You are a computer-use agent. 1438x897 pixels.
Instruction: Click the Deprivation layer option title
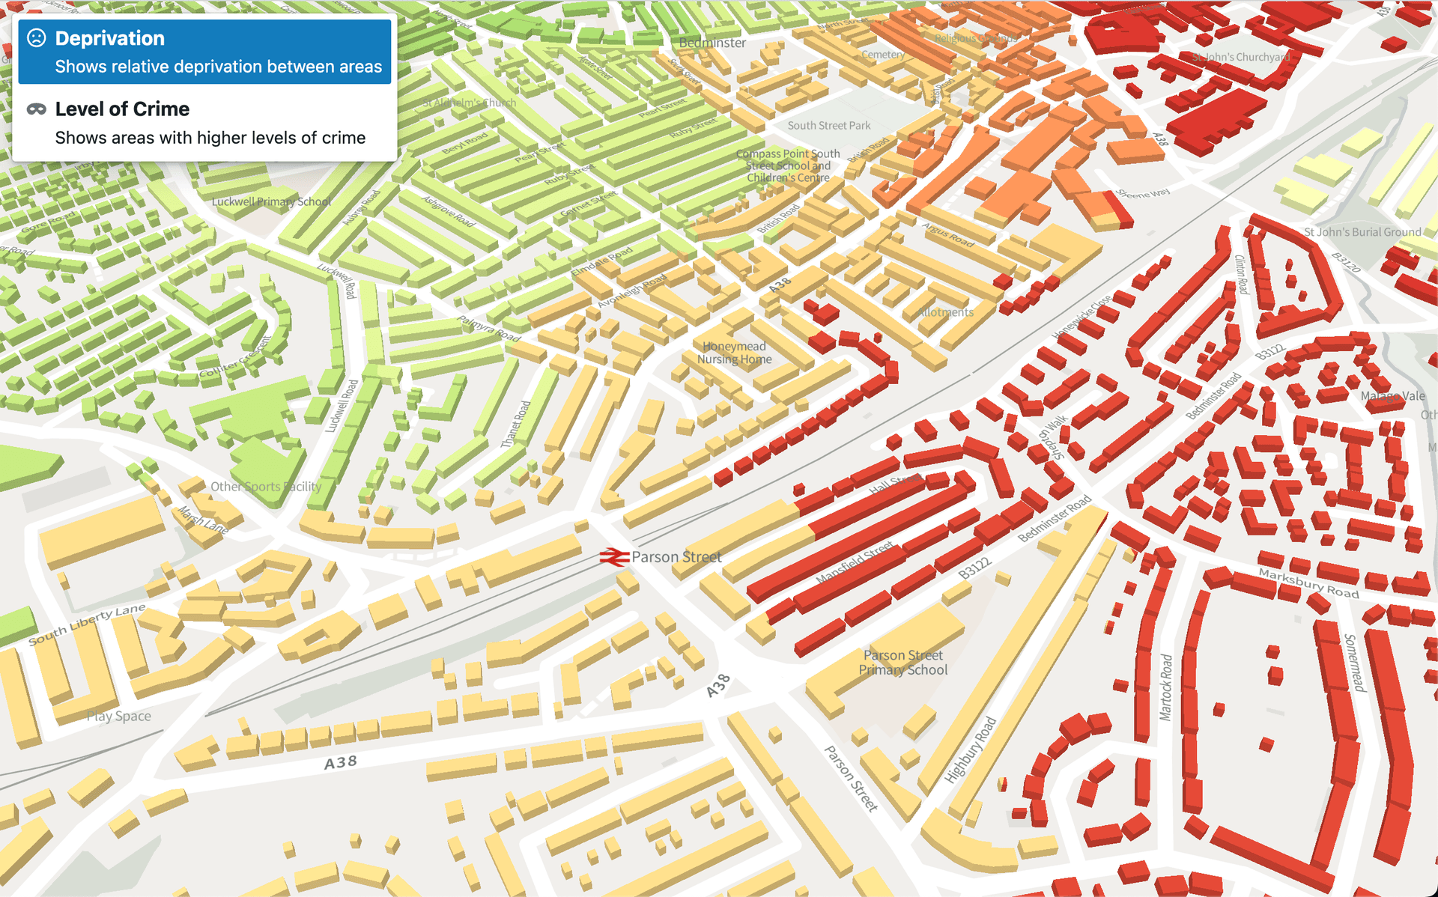pyautogui.click(x=110, y=38)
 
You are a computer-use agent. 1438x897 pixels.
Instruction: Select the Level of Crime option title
pyautogui.click(x=122, y=109)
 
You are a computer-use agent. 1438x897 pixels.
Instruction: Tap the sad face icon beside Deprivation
pyautogui.click(x=37, y=38)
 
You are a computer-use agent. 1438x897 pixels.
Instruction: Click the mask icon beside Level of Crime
pyautogui.click(x=37, y=109)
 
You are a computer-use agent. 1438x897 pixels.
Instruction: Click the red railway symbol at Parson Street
pyautogui.click(x=613, y=557)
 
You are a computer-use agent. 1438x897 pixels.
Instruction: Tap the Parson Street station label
pyautogui.click(x=676, y=557)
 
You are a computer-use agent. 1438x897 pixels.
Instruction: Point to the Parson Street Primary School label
pyautogui.click(x=903, y=663)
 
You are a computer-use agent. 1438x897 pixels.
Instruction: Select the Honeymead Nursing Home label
pyautogui.click(x=734, y=353)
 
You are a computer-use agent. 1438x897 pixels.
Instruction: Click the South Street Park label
pyautogui.click(x=828, y=126)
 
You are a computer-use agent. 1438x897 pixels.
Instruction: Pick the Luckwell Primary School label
pyautogui.click(x=271, y=201)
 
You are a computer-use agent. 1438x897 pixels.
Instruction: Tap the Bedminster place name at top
pyautogui.click(x=712, y=43)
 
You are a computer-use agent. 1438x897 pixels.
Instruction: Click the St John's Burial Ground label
pyautogui.click(x=1362, y=232)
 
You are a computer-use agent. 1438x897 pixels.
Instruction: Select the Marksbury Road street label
pyautogui.click(x=1308, y=583)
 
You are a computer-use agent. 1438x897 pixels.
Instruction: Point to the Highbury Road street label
pyautogui.click(x=971, y=749)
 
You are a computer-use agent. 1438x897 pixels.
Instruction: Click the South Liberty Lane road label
pyautogui.click(x=87, y=624)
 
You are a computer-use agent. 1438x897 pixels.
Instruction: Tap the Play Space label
pyautogui.click(x=118, y=717)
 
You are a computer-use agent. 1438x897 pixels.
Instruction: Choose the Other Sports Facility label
pyautogui.click(x=266, y=487)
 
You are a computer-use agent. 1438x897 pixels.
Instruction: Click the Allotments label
pyautogui.click(x=945, y=312)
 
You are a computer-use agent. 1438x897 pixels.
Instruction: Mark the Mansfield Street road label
pyautogui.click(x=855, y=563)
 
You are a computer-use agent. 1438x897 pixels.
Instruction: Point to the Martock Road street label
pyautogui.click(x=1166, y=687)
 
